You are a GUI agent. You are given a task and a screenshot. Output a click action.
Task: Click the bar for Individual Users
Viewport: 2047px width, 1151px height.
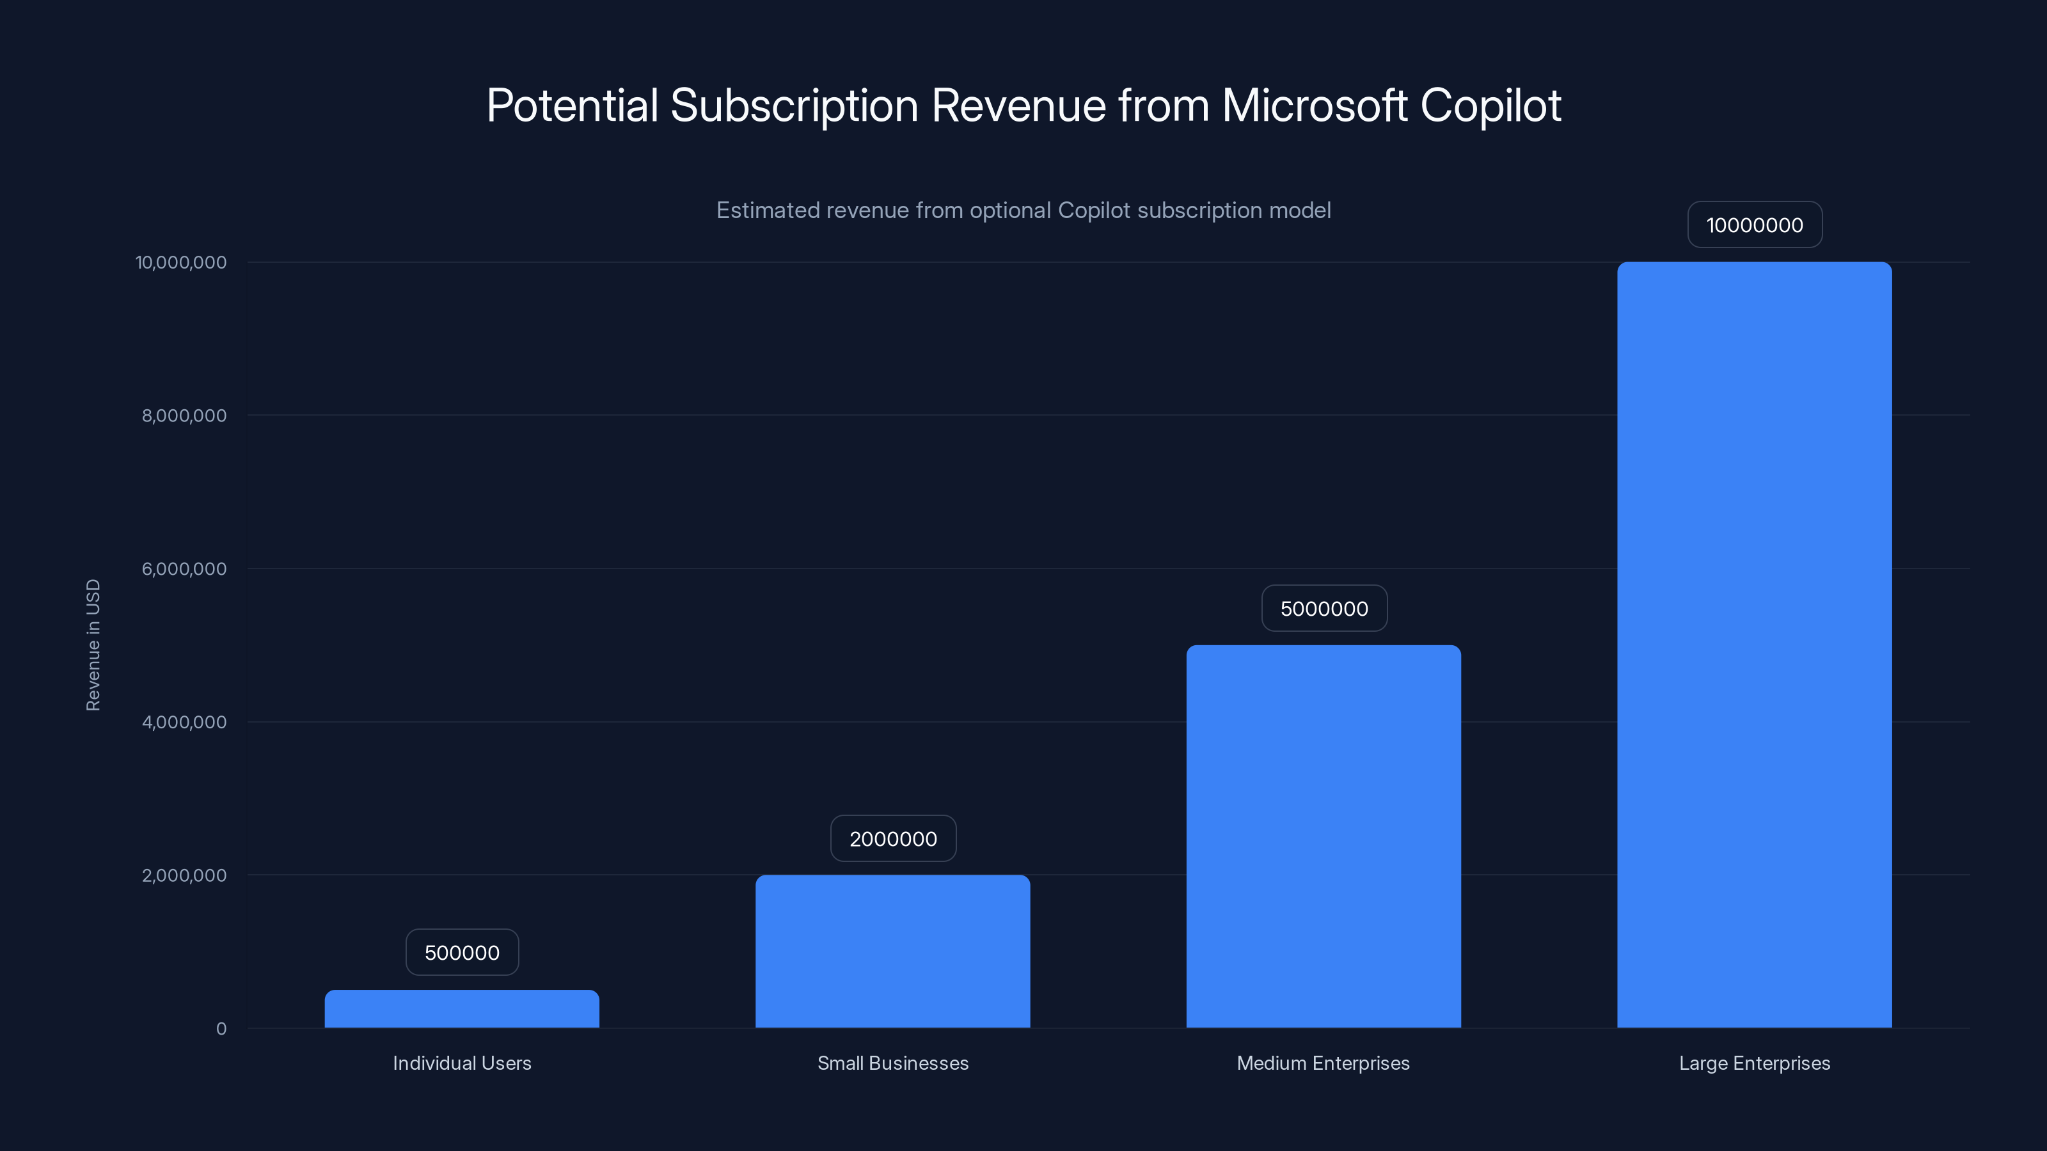tap(462, 1009)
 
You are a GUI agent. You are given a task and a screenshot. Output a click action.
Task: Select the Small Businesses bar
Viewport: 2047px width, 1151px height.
tap(892, 951)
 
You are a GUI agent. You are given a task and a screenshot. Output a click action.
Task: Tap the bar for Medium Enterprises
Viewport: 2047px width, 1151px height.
tap(1323, 836)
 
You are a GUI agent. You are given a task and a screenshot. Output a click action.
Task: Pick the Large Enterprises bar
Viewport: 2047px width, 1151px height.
tap(1754, 645)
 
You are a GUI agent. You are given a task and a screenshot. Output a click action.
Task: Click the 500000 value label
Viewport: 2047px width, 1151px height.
tap(462, 952)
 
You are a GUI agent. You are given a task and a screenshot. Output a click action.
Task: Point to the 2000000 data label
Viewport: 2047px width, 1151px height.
tap(893, 839)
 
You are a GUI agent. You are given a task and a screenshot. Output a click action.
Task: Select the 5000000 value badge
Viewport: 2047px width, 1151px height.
tap(1324, 609)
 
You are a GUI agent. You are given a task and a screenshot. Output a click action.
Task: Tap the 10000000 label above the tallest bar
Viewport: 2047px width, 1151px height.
tap(1755, 225)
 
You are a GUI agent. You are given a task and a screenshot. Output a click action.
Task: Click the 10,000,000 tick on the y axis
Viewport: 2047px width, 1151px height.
tap(181, 262)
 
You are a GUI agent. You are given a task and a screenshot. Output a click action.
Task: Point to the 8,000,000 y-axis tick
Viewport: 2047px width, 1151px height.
tap(184, 416)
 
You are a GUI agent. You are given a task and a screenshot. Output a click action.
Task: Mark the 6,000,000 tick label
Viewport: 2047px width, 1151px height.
tap(184, 568)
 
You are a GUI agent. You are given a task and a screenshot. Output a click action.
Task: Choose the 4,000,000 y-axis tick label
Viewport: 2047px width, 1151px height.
tap(184, 722)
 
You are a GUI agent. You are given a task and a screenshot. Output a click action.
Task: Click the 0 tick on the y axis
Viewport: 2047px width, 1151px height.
tap(221, 1029)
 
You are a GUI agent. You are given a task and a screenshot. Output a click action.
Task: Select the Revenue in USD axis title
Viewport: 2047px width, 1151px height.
tap(93, 645)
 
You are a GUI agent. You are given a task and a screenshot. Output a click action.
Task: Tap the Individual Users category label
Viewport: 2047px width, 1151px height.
tap(462, 1063)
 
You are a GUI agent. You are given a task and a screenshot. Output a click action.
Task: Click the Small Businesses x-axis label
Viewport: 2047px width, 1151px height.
tap(892, 1063)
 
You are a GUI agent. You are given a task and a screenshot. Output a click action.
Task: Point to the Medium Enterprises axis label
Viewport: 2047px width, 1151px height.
tap(1323, 1063)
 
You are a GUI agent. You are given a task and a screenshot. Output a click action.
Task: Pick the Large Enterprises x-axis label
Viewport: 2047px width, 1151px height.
tap(1754, 1063)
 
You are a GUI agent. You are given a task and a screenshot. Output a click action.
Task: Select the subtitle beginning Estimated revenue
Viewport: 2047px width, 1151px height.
tap(1023, 210)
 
